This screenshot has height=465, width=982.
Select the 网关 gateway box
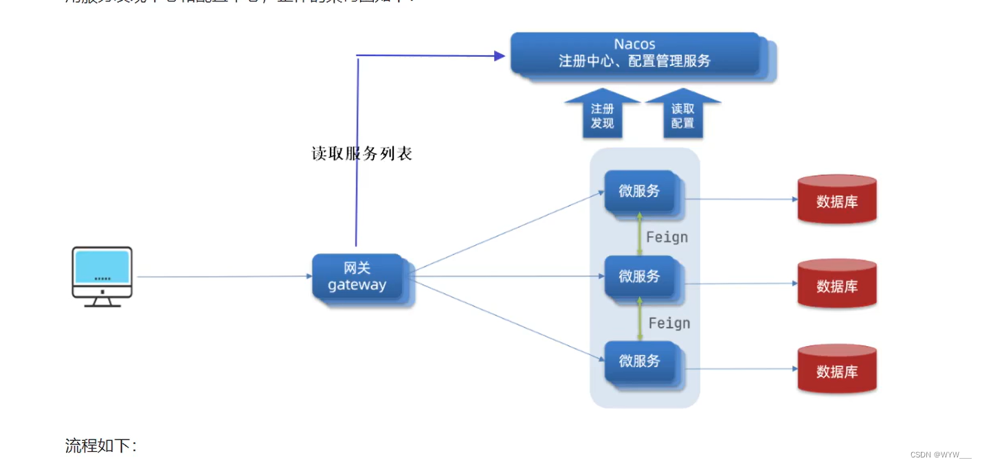pos(357,277)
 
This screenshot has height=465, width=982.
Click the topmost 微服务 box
pos(639,192)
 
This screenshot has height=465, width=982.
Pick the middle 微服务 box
pos(639,276)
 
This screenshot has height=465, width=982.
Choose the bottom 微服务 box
pos(639,361)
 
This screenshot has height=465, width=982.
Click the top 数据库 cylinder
pos(836,200)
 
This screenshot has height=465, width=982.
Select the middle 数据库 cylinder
pos(836,284)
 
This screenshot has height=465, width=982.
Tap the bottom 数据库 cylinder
pos(836,370)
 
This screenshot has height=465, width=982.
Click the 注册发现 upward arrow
pos(602,115)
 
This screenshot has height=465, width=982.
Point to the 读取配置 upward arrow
pos(682,115)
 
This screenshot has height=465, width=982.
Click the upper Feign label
pos(667,237)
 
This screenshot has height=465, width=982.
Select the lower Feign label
pos(669,323)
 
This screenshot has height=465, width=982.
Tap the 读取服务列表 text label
pos(361,153)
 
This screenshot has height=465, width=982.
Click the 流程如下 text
pos(100,446)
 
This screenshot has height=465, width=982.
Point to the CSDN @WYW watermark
pos(940,455)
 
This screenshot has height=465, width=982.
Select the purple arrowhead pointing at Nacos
pos(500,56)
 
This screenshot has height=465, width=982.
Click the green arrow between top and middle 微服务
pos(640,234)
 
